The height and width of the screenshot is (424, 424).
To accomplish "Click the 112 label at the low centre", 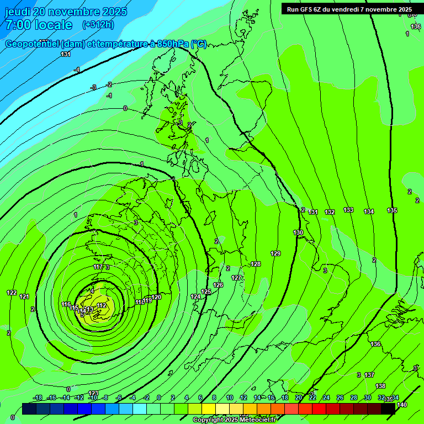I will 101,305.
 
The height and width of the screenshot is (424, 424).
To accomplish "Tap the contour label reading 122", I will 12,293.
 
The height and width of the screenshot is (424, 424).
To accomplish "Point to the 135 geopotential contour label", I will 392,210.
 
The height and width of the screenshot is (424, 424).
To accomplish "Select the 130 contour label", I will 298,232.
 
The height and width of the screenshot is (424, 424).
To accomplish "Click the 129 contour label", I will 275,253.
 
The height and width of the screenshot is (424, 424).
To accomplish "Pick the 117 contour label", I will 98,267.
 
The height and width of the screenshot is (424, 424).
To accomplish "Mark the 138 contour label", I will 380,386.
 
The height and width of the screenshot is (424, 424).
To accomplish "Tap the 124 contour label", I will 195,297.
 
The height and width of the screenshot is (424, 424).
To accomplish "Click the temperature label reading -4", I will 77,70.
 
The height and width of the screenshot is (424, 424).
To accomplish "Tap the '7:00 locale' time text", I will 39,25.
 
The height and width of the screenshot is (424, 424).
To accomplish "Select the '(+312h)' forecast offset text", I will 98,25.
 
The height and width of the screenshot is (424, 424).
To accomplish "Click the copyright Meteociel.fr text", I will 234,420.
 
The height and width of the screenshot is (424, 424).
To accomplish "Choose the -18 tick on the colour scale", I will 38,397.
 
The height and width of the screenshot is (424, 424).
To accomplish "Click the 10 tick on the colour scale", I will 229,397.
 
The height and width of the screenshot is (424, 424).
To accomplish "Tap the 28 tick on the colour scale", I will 354,397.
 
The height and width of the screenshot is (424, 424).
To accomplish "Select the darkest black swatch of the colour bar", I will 388,409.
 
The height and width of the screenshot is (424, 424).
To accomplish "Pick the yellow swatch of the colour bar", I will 209,409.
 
